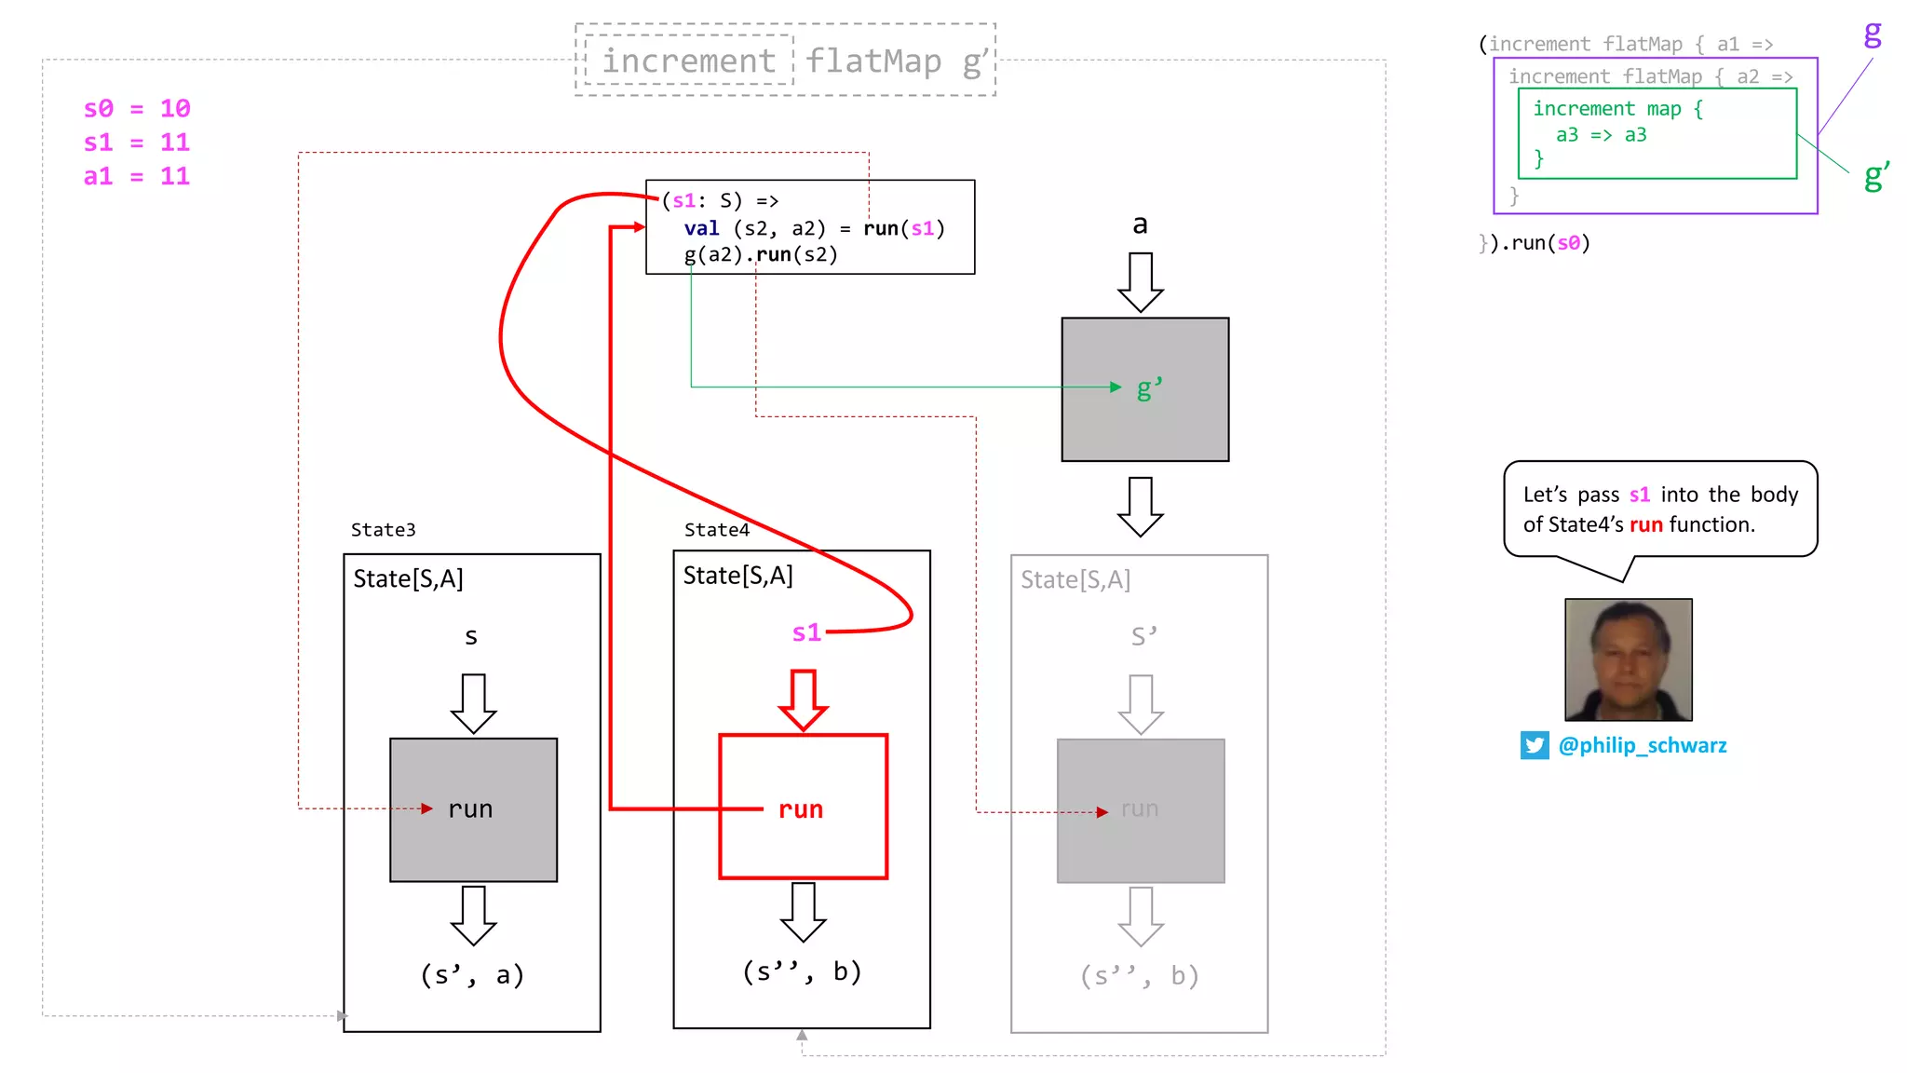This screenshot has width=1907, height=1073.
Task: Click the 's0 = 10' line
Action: point(137,109)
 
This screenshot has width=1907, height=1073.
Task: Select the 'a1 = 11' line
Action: point(137,177)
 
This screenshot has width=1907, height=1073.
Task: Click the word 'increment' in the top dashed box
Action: point(688,61)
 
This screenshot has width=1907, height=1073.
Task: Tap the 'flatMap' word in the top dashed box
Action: point(873,61)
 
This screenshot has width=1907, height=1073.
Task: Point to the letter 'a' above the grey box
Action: point(1140,225)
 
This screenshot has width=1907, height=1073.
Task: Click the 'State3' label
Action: point(383,530)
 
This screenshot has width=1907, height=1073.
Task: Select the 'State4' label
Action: point(716,530)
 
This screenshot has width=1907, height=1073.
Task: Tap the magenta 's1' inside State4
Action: point(806,633)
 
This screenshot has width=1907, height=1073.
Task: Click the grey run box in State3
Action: point(473,809)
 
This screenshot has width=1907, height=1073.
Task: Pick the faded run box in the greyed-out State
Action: point(1140,809)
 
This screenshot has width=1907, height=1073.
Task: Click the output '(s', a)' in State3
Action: point(472,975)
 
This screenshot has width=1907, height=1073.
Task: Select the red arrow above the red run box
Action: point(803,699)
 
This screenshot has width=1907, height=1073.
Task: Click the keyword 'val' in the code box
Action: point(701,229)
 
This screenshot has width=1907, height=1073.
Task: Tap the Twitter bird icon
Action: point(1535,745)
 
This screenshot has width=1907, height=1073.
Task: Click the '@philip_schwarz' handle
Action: point(1642,745)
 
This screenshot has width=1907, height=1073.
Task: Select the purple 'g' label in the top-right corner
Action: point(1872,34)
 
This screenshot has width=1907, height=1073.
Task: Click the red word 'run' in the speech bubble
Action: point(1645,525)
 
